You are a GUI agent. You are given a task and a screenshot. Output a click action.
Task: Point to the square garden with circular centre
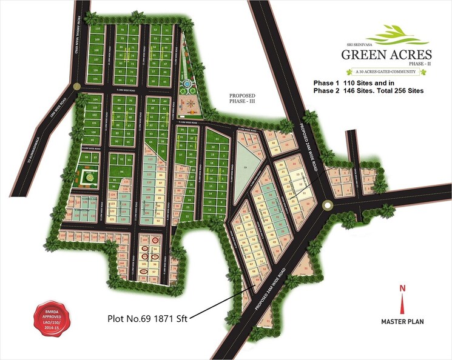(x=90, y=177)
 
